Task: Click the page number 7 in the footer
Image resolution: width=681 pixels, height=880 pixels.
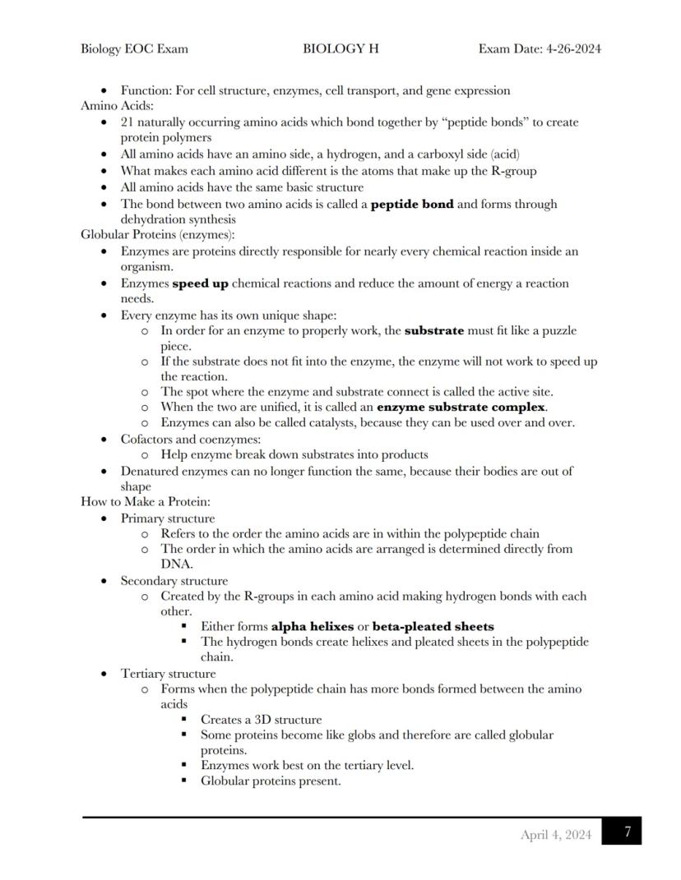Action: (x=627, y=832)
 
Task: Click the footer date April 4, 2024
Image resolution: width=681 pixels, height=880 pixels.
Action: (x=555, y=835)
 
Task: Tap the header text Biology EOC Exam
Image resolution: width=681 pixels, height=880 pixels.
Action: (x=134, y=48)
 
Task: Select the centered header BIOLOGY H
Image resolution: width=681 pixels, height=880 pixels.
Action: (x=340, y=48)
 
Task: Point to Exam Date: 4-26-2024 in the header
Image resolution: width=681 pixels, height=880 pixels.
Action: (x=540, y=48)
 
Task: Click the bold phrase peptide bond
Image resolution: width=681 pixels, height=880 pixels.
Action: (x=412, y=204)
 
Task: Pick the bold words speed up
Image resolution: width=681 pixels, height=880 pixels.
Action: (x=200, y=283)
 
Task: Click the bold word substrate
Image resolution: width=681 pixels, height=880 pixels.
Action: (x=434, y=331)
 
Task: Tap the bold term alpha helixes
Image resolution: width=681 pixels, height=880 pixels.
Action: (x=313, y=626)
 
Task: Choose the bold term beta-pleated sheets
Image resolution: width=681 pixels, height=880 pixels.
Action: (x=433, y=626)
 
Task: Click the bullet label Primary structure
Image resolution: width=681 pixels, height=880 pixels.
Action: (x=168, y=518)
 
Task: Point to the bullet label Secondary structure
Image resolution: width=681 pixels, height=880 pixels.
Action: (x=174, y=581)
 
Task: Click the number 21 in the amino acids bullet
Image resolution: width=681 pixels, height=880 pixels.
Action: (x=127, y=122)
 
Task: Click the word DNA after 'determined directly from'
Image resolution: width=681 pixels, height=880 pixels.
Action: (x=176, y=564)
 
